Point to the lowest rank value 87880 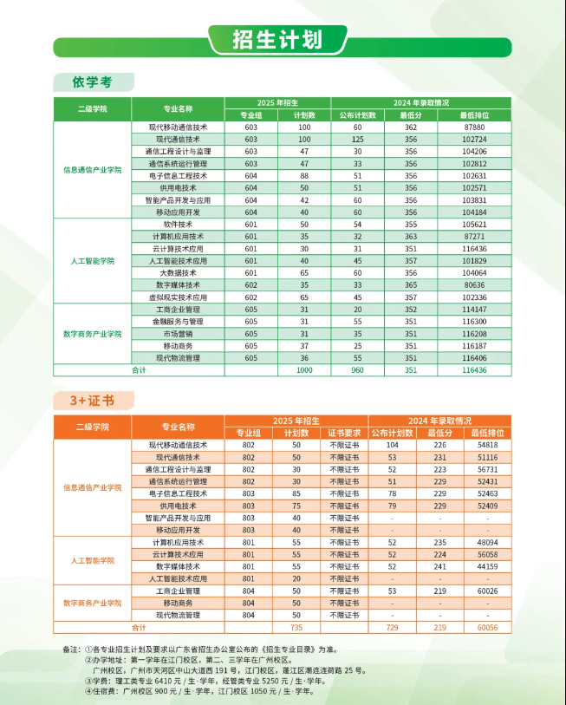(474, 127)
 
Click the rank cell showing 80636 (474, 284)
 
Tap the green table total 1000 (303, 370)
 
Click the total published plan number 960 (357, 370)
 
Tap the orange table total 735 (296, 626)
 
